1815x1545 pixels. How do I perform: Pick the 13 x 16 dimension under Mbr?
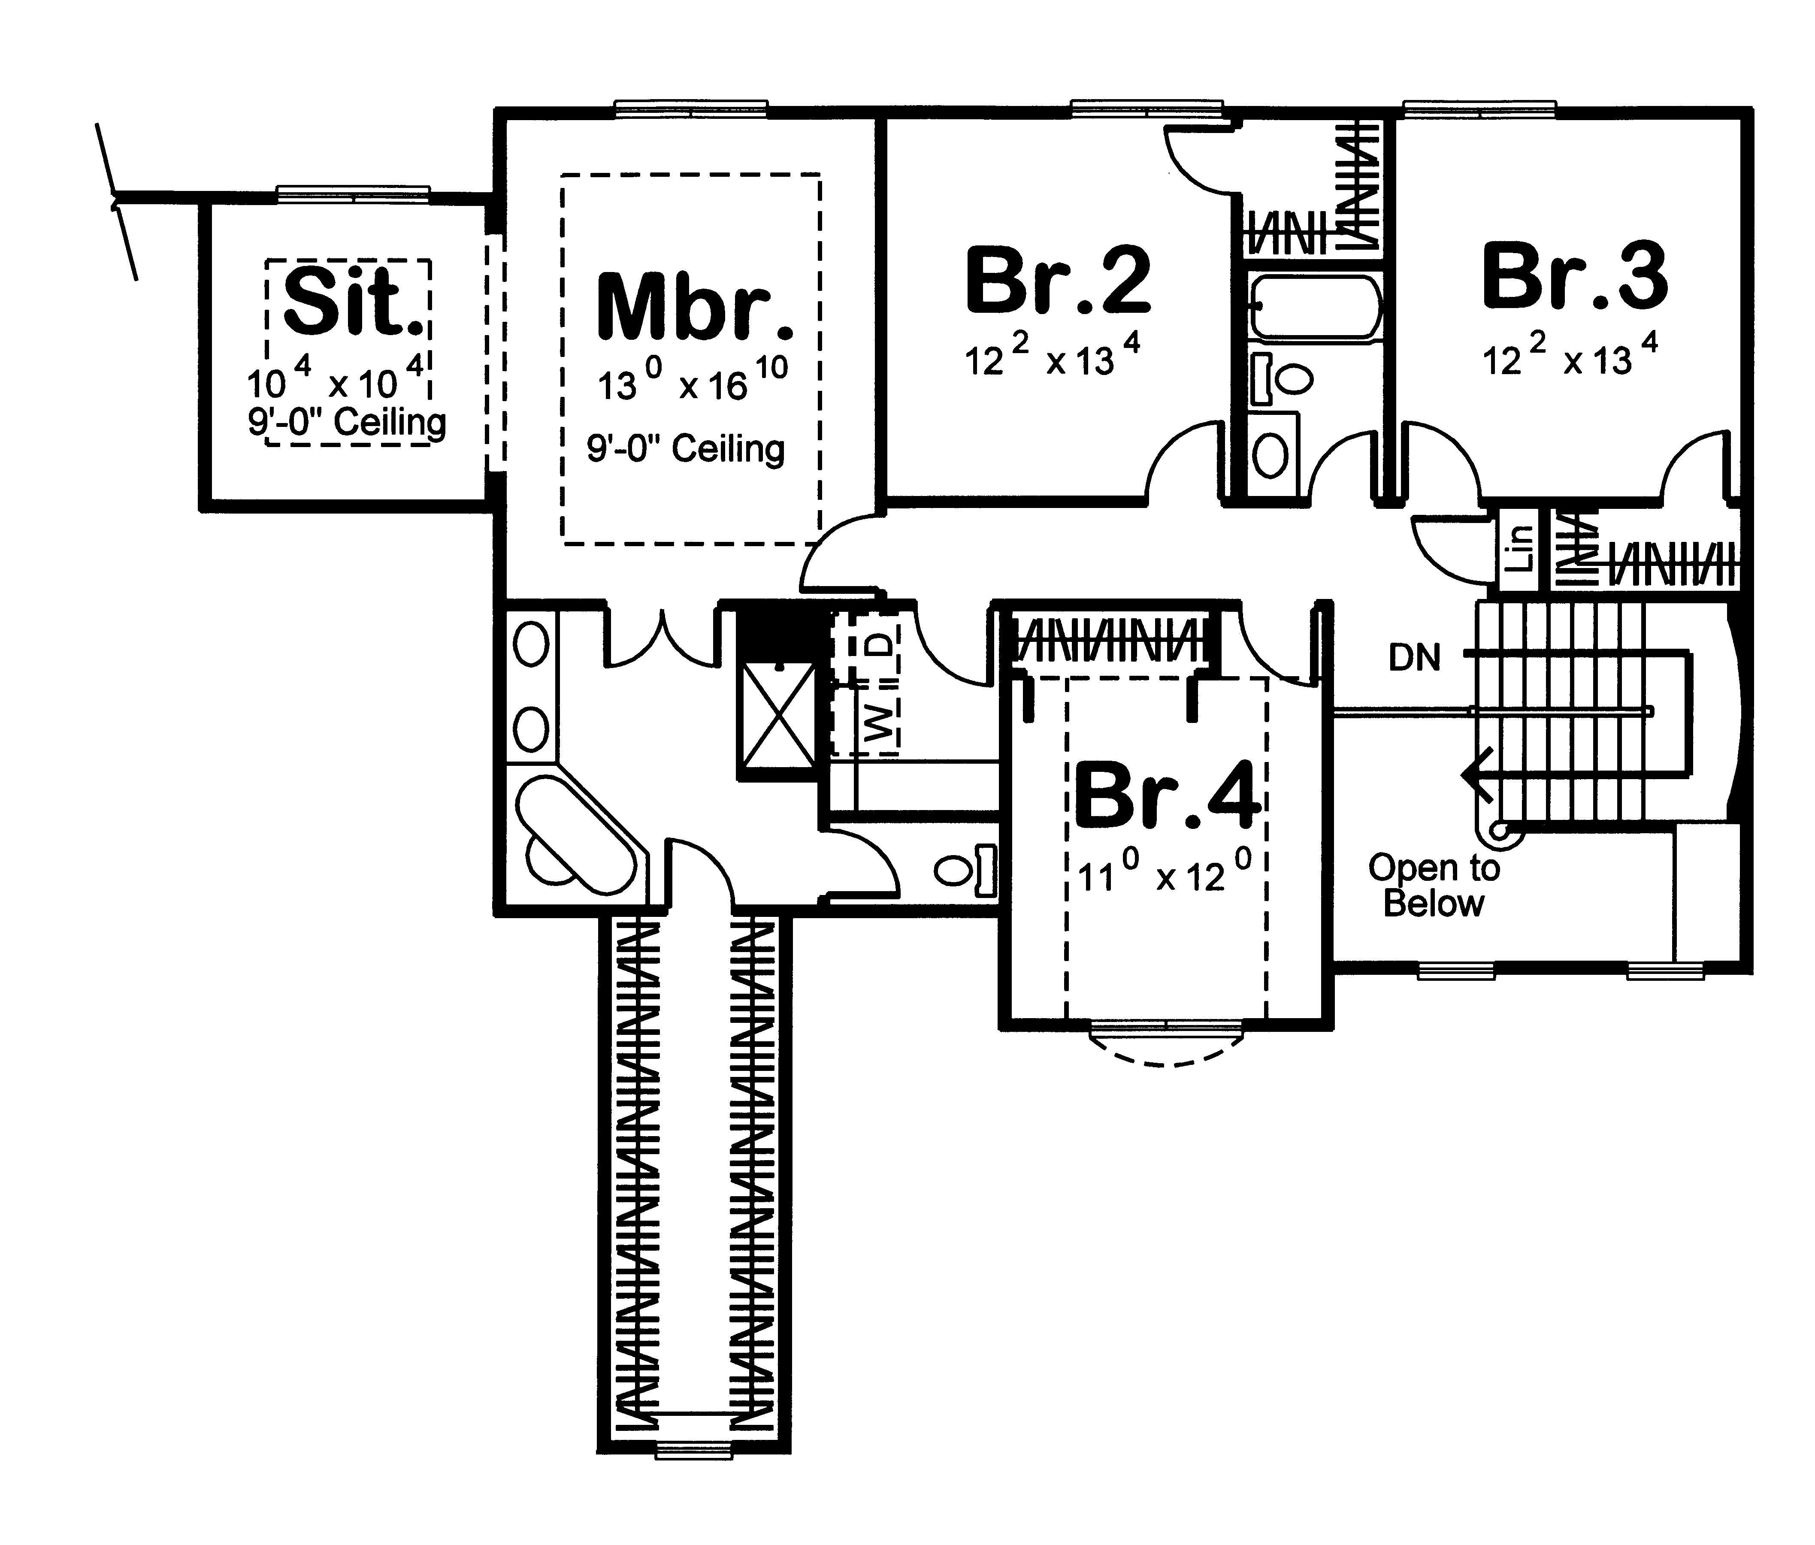(x=692, y=381)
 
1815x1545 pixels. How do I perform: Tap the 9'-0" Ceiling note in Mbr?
(x=685, y=449)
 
